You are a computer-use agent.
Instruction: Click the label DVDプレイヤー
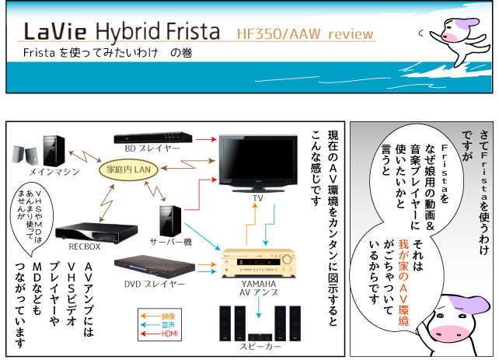click(x=152, y=284)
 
